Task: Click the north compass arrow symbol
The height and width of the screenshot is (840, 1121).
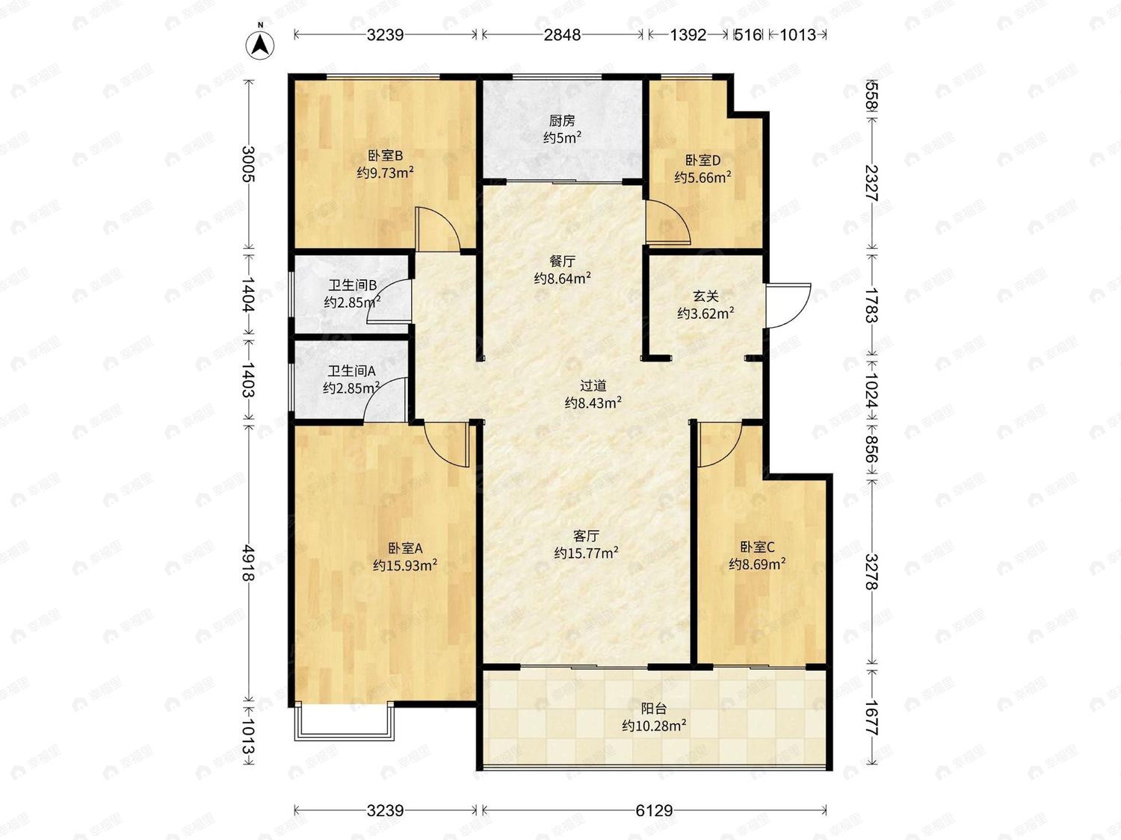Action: [x=260, y=46]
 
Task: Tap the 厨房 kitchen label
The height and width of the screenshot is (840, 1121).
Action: [x=562, y=121]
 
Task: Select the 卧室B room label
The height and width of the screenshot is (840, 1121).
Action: [x=385, y=155]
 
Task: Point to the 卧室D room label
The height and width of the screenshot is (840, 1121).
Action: [x=702, y=160]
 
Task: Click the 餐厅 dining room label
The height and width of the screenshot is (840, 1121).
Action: [x=562, y=261]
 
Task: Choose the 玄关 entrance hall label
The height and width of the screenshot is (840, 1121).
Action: [x=705, y=296]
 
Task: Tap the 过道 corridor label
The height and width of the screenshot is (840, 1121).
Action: [x=593, y=385]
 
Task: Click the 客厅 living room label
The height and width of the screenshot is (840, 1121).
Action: [x=587, y=535]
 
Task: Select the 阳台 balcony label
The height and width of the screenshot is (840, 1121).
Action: [x=654, y=708]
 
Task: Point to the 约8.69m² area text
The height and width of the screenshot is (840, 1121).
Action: [x=757, y=564]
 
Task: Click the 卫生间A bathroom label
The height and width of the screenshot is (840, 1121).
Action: [x=351, y=371]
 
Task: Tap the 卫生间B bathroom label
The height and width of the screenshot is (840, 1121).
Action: [x=352, y=285]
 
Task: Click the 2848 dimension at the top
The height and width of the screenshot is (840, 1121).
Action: [x=562, y=34]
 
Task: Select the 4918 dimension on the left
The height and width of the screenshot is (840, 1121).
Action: [x=249, y=562]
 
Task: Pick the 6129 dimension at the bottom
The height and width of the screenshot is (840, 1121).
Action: [x=654, y=810]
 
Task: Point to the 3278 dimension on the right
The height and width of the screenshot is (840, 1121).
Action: [x=872, y=572]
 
